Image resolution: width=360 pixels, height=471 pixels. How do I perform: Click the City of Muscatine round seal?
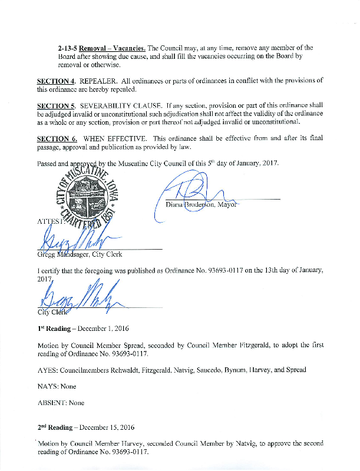tap(87, 200)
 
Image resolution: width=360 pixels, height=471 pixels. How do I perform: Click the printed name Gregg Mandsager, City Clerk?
tap(80, 254)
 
